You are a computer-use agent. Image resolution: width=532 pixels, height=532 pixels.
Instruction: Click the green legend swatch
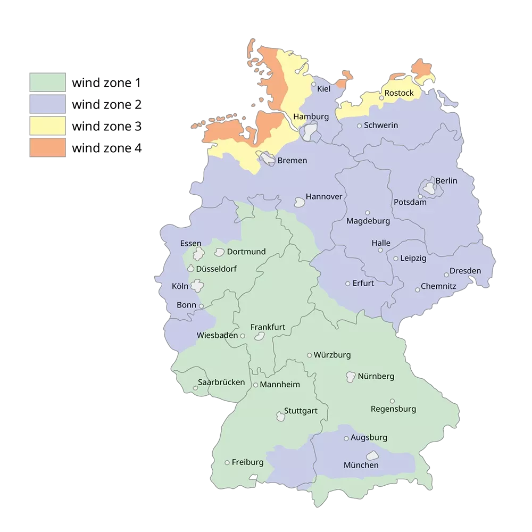47,83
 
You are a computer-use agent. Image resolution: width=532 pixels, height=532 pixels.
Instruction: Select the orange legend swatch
47,147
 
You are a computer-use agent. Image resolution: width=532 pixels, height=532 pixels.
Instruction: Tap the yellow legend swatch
47,126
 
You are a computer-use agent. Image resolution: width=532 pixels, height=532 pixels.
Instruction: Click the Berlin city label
446,181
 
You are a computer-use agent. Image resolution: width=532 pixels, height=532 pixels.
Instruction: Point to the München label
361,465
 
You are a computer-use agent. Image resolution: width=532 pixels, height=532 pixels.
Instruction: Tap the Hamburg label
311,117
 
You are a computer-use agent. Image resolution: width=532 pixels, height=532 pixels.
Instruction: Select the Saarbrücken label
221,382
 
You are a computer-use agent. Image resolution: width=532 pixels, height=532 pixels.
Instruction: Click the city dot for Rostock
381,98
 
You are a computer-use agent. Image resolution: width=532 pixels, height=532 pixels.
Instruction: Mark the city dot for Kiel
313,84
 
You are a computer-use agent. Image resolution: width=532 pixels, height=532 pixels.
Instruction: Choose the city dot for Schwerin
360,126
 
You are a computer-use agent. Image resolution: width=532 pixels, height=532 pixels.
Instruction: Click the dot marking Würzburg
309,355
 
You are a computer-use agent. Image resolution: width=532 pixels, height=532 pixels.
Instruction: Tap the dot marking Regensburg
392,401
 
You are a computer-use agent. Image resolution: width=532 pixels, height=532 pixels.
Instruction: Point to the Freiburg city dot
227,462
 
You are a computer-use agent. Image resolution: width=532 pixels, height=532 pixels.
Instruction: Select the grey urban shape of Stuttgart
280,417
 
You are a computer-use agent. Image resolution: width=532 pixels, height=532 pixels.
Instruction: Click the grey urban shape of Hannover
300,202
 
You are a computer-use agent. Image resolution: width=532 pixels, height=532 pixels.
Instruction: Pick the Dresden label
465,271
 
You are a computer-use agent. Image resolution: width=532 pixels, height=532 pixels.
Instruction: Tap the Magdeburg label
368,221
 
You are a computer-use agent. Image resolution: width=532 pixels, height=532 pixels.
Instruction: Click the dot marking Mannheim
255,385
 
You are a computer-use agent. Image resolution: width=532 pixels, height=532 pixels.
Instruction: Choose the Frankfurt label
268,327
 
